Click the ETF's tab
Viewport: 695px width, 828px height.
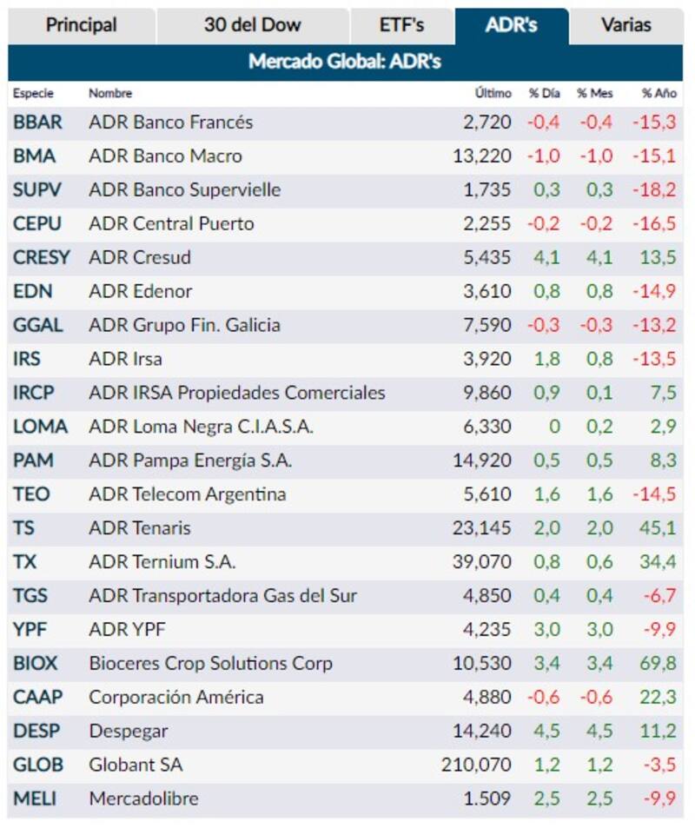tap(401, 25)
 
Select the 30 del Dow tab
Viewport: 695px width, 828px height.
tap(252, 25)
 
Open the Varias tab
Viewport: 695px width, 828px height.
tap(625, 25)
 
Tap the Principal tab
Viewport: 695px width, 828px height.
tap(82, 25)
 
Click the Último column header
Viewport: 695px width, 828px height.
tap(493, 93)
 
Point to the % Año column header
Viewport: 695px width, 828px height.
tap(659, 93)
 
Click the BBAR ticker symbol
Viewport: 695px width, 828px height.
tap(37, 123)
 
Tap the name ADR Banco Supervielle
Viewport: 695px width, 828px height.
tap(184, 190)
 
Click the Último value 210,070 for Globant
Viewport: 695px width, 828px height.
tap(476, 765)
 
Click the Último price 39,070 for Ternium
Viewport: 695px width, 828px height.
tap(482, 562)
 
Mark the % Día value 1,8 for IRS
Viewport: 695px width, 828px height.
tap(546, 359)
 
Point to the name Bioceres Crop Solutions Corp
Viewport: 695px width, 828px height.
tap(210, 664)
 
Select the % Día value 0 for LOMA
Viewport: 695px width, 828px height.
tap(553, 427)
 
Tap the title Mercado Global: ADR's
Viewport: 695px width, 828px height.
tap(344, 63)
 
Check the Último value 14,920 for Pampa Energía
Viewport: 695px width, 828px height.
tap(482, 460)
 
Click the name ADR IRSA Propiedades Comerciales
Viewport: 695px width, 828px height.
tap(236, 393)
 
